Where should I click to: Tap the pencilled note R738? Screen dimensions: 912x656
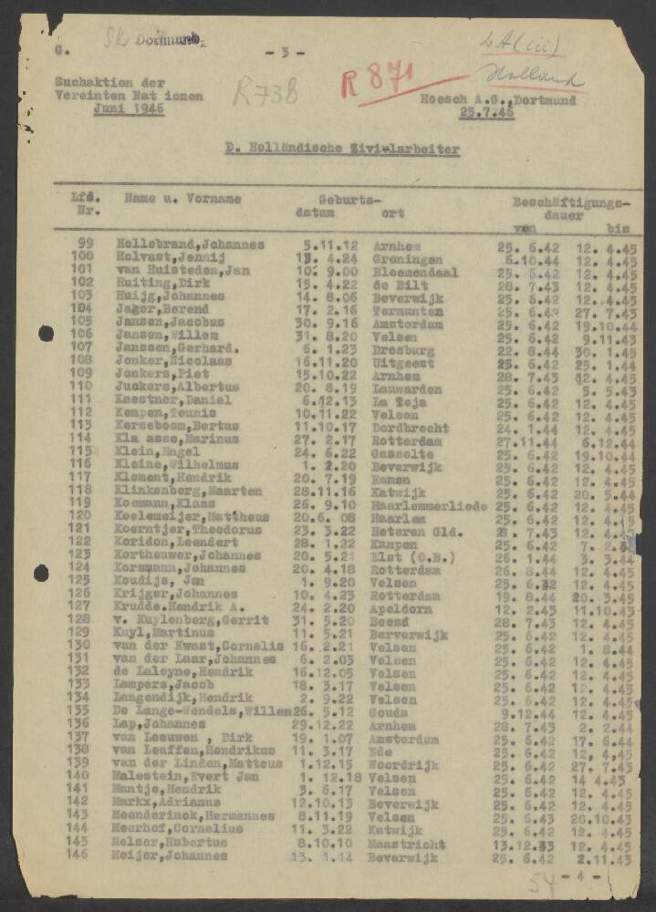(x=266, y=90)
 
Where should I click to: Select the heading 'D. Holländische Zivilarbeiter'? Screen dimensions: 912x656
(x=342, y=149)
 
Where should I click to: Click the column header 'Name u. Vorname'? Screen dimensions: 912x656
(x=182, y=198)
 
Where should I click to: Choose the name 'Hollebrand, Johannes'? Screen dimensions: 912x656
(x=190, y=245)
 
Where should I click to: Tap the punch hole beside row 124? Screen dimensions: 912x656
(x=40, y=574)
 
